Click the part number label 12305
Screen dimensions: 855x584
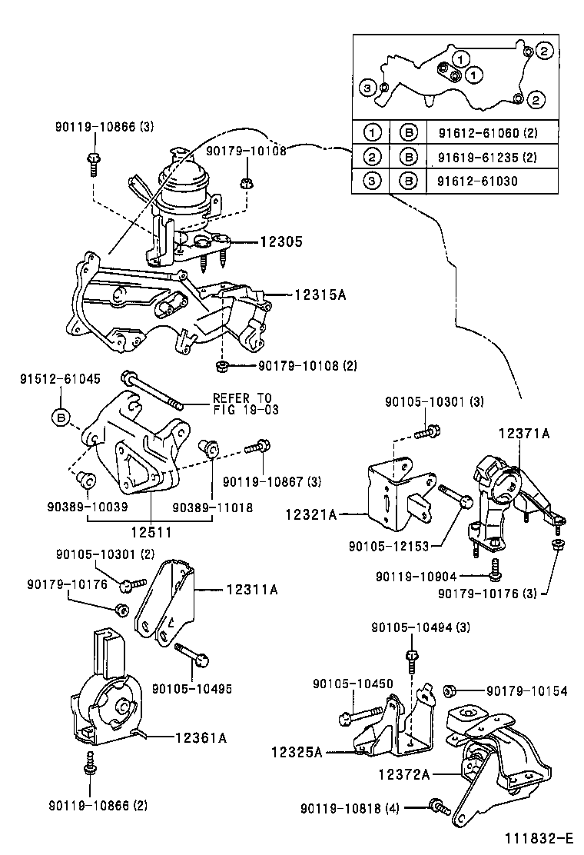pos(280,241)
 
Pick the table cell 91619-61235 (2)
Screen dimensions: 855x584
pos(486,158)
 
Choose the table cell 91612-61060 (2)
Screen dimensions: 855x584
pos(486,133)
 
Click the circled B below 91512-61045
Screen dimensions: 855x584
pos(61,418)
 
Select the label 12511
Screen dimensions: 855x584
pos(151,531)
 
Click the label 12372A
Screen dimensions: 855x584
pos(403,774)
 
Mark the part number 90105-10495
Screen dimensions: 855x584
pos(192,688)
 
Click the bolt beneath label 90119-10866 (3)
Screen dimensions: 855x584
pos(93,161)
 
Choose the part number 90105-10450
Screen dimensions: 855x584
pos(353,684)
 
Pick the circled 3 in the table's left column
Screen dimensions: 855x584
pos(371,182)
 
